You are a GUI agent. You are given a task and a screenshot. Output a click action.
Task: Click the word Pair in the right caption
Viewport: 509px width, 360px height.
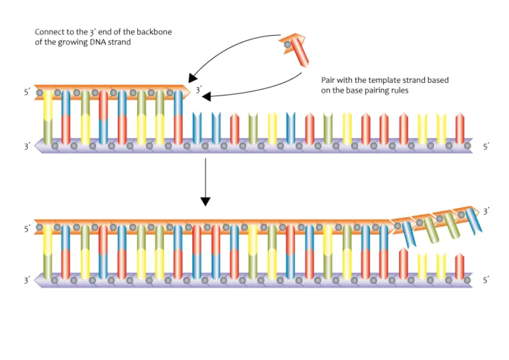329,80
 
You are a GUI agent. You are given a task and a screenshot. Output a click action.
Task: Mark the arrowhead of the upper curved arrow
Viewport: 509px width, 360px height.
192,79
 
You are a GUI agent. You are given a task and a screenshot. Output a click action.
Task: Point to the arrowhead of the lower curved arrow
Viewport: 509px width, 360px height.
206,97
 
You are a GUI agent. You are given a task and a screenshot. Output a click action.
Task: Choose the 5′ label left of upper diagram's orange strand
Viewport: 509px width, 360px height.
27,93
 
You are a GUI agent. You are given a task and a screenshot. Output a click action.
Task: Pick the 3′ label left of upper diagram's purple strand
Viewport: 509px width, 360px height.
27,147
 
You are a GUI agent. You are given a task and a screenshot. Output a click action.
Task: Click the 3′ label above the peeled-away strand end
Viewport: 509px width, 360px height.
486,211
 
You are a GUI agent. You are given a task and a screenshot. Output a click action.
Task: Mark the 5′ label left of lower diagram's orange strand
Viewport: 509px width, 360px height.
27,229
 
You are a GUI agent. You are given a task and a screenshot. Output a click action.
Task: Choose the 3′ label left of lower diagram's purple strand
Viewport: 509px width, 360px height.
27,280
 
